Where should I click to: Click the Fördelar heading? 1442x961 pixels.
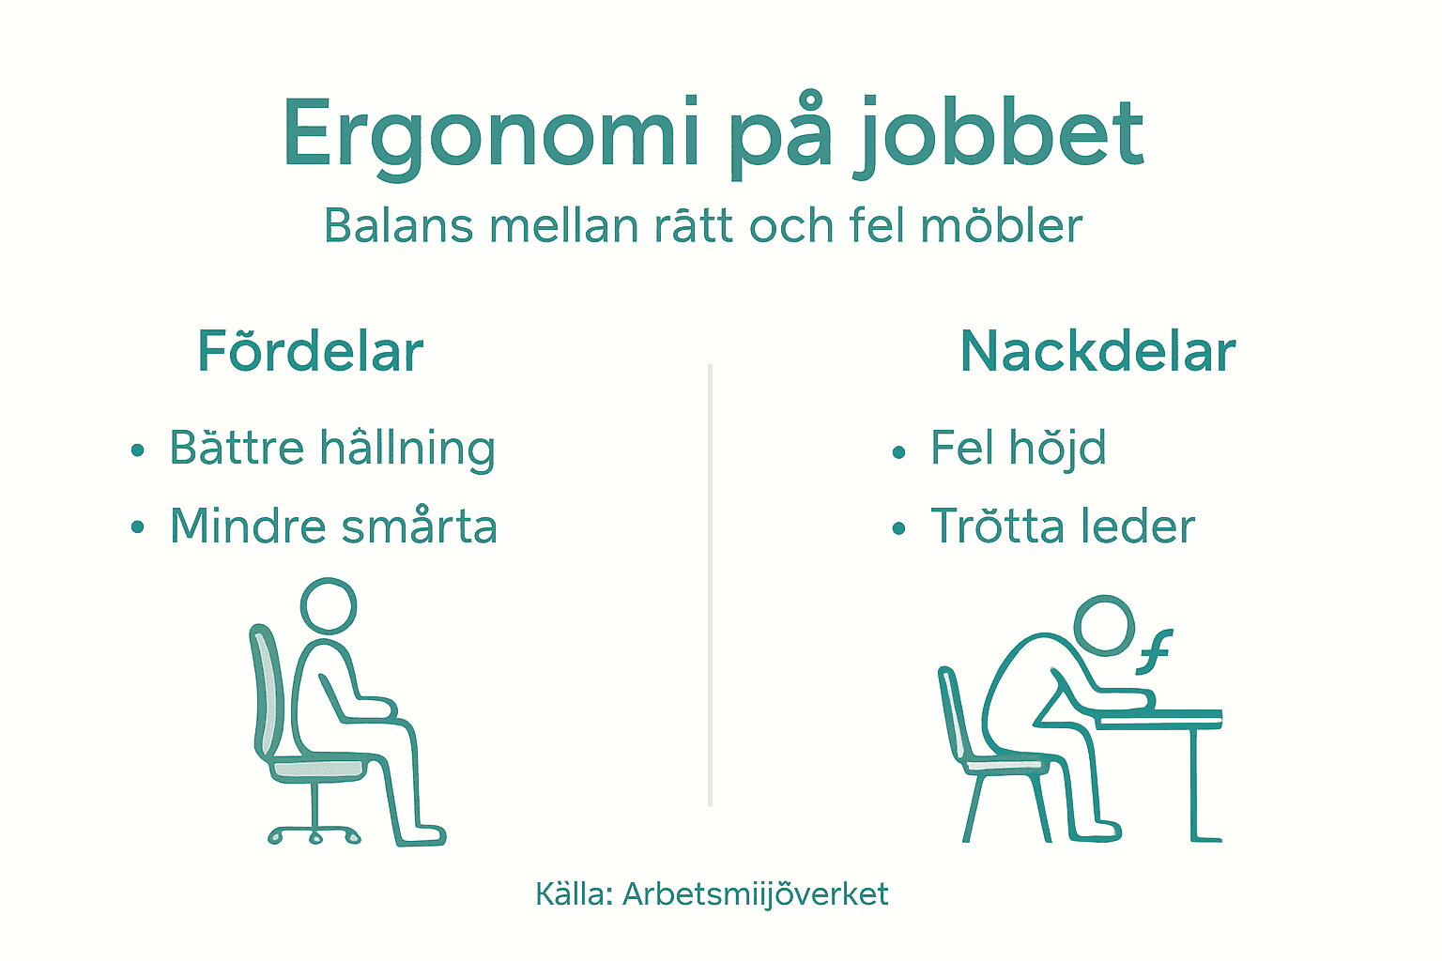tap(311, 352)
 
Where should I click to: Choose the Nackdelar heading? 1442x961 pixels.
tap(1097, 352)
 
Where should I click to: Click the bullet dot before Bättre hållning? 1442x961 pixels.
tap(138, 450)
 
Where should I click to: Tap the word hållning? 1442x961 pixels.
tap(407, 449)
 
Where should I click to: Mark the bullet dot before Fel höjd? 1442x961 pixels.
tap(898, 452)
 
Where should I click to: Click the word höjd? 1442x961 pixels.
tap(1057, 449)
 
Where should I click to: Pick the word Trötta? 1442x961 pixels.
tap(996, 526)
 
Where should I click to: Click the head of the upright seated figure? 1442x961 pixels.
tap(329, 605)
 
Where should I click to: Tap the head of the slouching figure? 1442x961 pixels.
tap(1104, 624)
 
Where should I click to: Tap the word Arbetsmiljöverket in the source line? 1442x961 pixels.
tap(755, 894)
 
